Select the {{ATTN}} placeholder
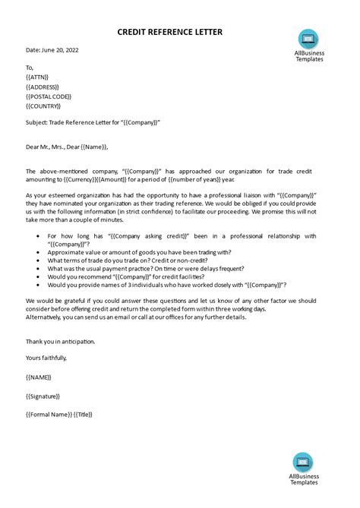[38, 77]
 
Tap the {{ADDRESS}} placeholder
[43, 87]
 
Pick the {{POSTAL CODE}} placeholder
[49, 96]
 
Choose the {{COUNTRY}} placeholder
[44, 106]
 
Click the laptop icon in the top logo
[308, 39]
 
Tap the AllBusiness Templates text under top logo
[308, 56]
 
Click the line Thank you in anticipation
[61, 341]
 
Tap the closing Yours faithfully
[46, 357]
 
